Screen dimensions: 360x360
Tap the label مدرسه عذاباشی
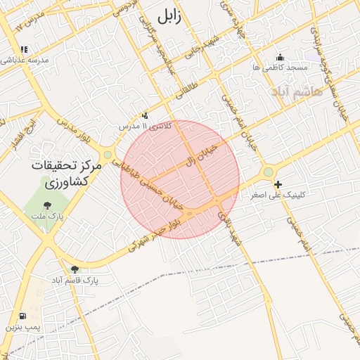[25, 60]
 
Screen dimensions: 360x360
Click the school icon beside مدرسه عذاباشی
[25, 50]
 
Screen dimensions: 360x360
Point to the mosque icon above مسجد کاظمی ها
[280, 57]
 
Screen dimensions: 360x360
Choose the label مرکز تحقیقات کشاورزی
[63, 174]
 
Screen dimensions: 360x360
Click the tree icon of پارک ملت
[47, 205]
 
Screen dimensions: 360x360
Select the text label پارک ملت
[47, 216]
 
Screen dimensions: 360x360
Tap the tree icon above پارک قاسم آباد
[75, 269]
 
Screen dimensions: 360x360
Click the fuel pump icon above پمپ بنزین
[24, 316]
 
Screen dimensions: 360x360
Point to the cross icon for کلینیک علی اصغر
[278, 184]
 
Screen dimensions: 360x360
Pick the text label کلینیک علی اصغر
[278, 195]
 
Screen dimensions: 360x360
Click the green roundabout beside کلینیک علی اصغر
[268, 172]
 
